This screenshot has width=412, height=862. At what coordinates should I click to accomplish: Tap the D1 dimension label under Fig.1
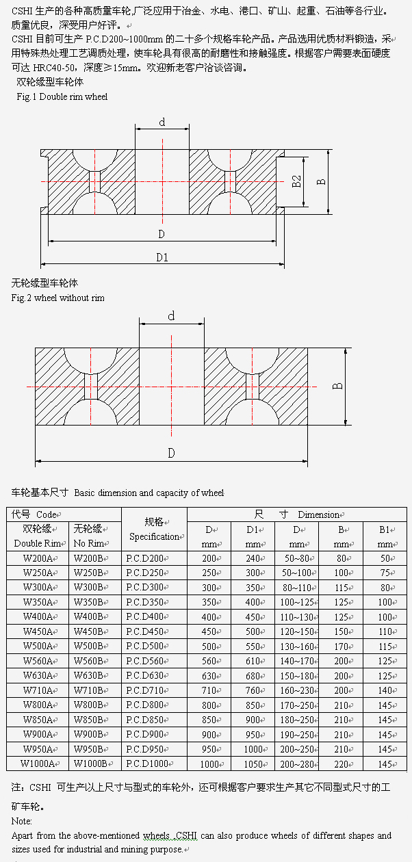point(162,257)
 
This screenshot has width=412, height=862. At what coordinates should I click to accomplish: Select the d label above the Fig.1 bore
point(162,122)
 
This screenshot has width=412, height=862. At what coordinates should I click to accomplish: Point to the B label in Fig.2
point(337,386)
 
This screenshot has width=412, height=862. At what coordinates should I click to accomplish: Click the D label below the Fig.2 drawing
point(171,453)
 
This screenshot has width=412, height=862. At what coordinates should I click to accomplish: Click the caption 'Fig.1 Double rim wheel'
point(62,97)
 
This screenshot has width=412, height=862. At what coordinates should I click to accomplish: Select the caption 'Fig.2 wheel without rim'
point(58,298)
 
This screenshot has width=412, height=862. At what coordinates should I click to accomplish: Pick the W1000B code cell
point(94,763)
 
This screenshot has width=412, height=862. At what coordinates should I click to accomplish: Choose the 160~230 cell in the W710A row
point(296,690)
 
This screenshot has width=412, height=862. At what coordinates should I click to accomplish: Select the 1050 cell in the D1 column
point(253,764)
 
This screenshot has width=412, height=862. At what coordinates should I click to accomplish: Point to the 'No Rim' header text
point(88,543)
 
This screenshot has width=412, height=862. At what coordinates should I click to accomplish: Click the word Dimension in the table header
point(318,514)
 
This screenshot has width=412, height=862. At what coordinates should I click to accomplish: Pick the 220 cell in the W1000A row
point(341,764)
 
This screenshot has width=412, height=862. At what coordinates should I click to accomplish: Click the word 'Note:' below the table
point(22,821)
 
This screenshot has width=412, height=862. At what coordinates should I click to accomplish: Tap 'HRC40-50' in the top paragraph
point(55,68)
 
